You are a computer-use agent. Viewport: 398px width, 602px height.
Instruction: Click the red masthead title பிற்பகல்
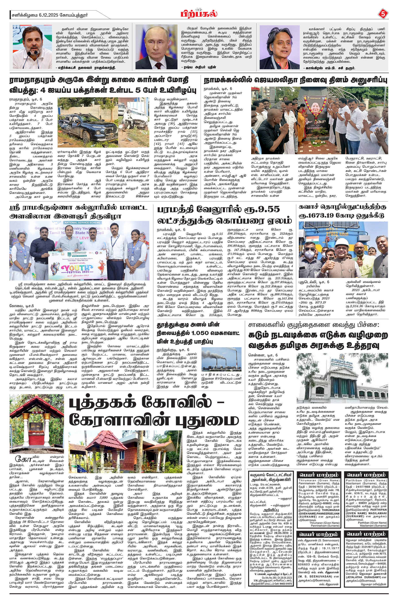[199, 13]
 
